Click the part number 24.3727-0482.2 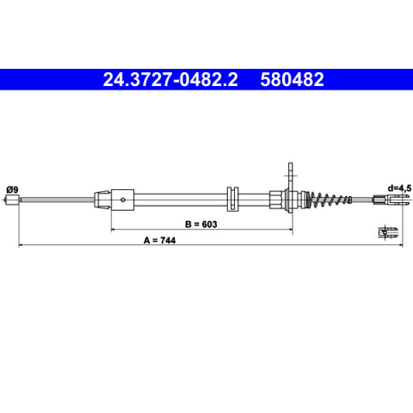[170, 79]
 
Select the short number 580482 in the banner [292, 79]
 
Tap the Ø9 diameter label [12, 189]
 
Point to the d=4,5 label [399, 188]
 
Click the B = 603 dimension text [201, 224]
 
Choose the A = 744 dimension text [159, 240]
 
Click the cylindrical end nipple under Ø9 [13, 200]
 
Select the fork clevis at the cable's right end [391, 199]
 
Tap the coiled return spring [330, 200]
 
